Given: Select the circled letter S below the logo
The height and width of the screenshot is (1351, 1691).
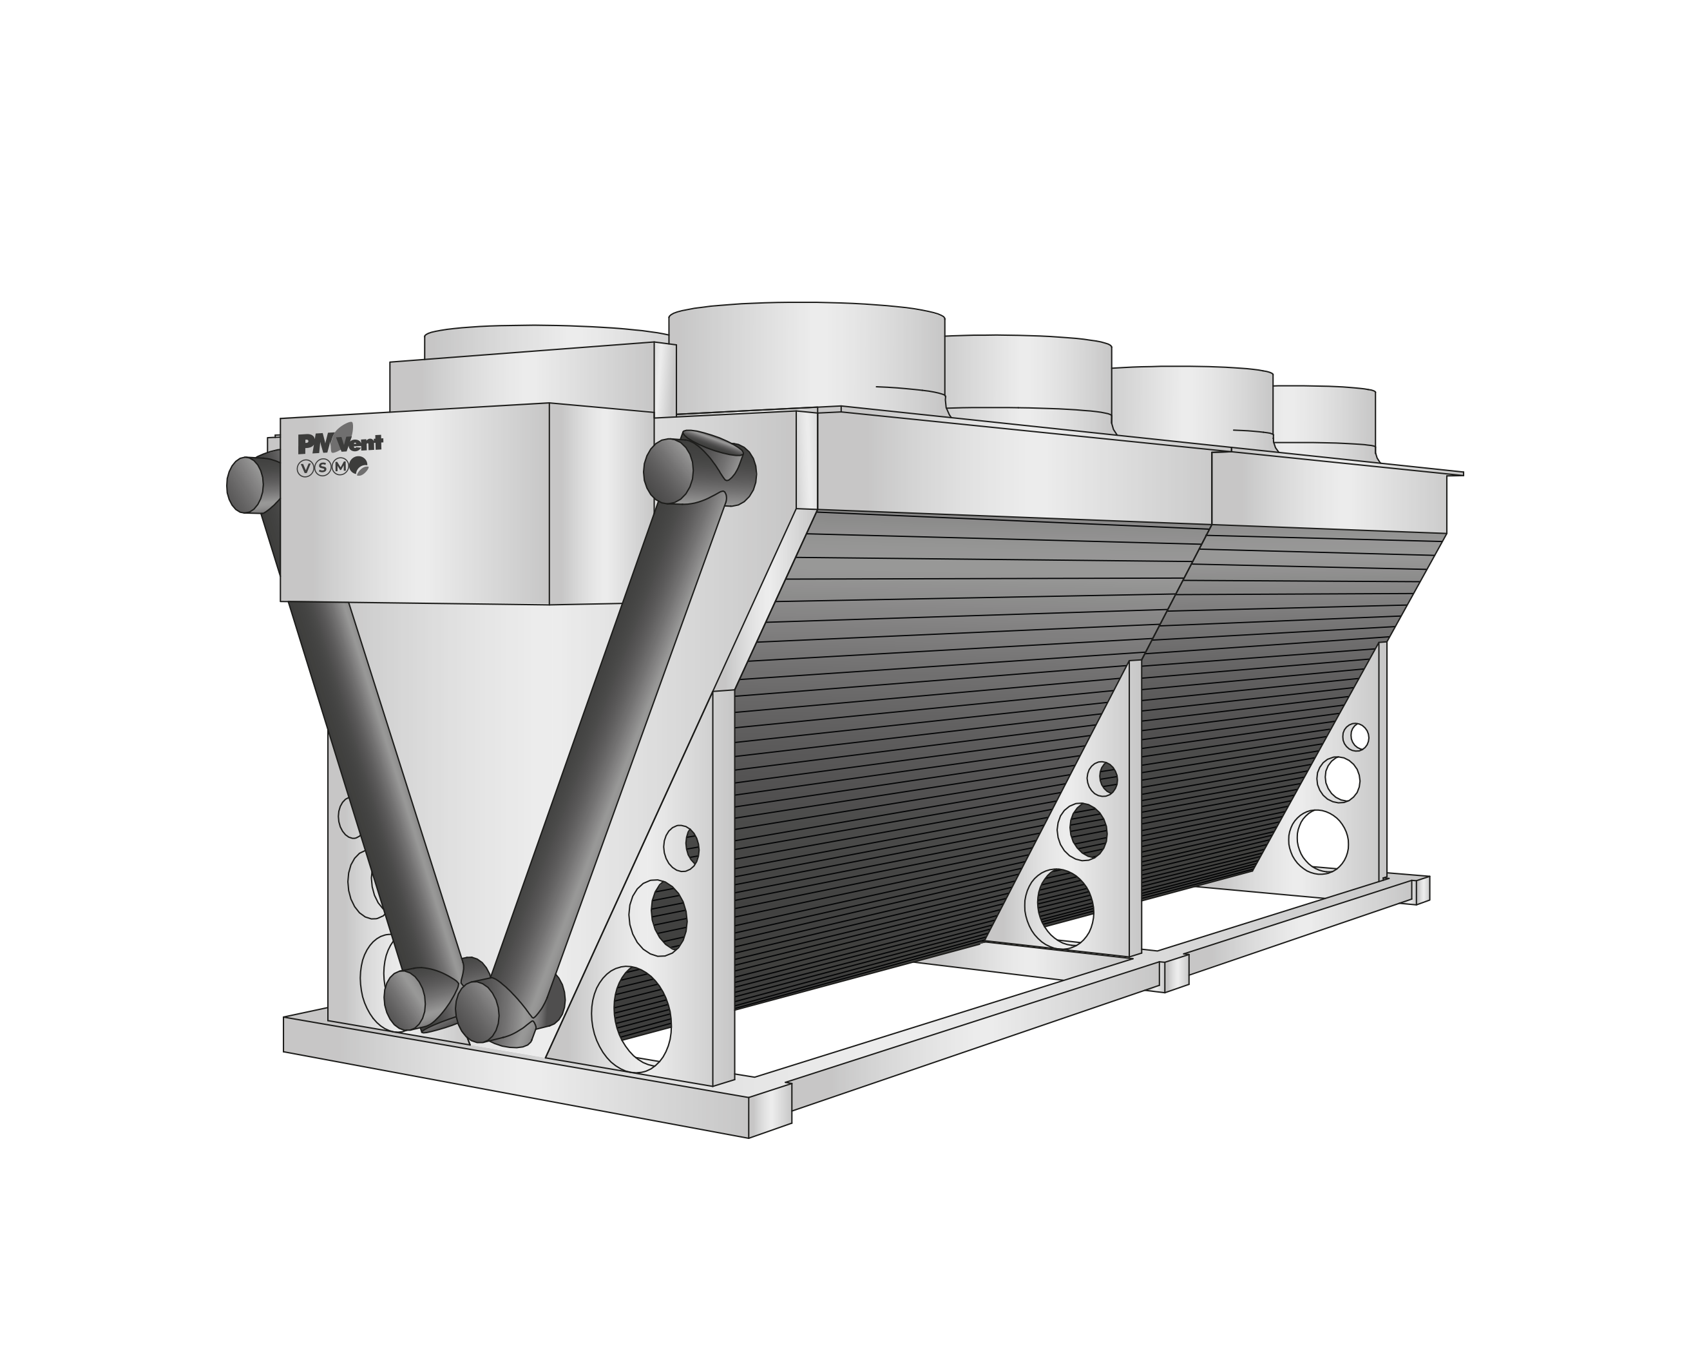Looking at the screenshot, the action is tap(322, 469).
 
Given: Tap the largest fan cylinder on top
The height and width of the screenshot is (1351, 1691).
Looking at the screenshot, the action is tap(807, 358).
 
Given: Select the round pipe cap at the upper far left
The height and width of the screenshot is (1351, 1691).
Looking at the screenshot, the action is tap(246, 485).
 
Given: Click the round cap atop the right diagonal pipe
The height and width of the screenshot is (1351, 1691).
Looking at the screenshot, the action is tap(667, 471).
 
